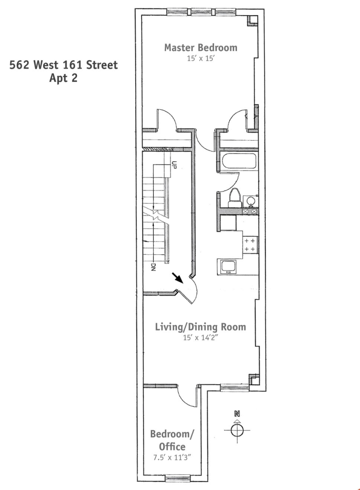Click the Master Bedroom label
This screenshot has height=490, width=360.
coord(200,48)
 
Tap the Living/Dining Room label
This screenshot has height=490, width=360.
coord(200,327)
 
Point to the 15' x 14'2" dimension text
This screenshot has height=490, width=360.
coord(200,337)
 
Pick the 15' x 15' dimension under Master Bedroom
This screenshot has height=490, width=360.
coord(200,58)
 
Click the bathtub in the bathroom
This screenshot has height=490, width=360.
coord(238,162)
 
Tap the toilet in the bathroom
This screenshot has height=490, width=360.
coord(234,197)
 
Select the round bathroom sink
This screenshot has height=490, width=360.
coord(250,201)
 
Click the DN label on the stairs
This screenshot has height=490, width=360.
coord(153,268)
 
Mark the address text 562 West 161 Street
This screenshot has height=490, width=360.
coord(64,65)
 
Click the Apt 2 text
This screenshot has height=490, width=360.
coord(63,78)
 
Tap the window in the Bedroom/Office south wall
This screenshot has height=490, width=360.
coord(177,478)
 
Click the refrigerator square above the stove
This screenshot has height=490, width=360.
coord(228,223)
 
